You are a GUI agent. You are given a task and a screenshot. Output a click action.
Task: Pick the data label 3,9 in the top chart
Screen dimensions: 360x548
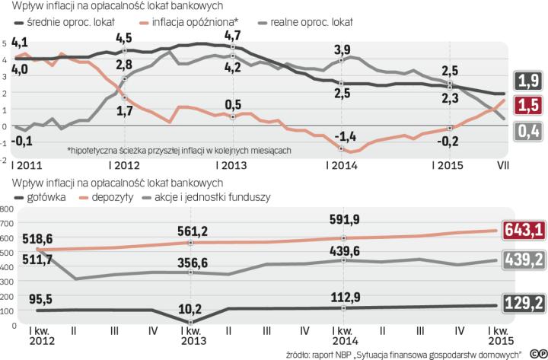tap(343, 50)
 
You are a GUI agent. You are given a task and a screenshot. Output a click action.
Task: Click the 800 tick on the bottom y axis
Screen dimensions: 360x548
tap(8, 208)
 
